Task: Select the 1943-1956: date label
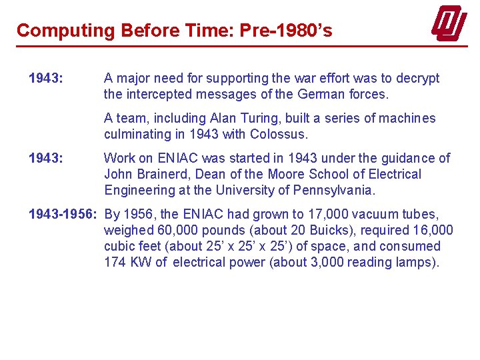tap(63, 215)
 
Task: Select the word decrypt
tap(417, 79)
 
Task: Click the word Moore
tap(287, 175)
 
